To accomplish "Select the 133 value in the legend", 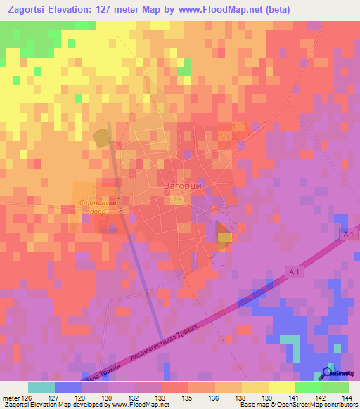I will tap(161, 398).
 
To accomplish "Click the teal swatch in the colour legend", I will tap(41, 387).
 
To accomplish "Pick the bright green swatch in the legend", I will tap(309, 387).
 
